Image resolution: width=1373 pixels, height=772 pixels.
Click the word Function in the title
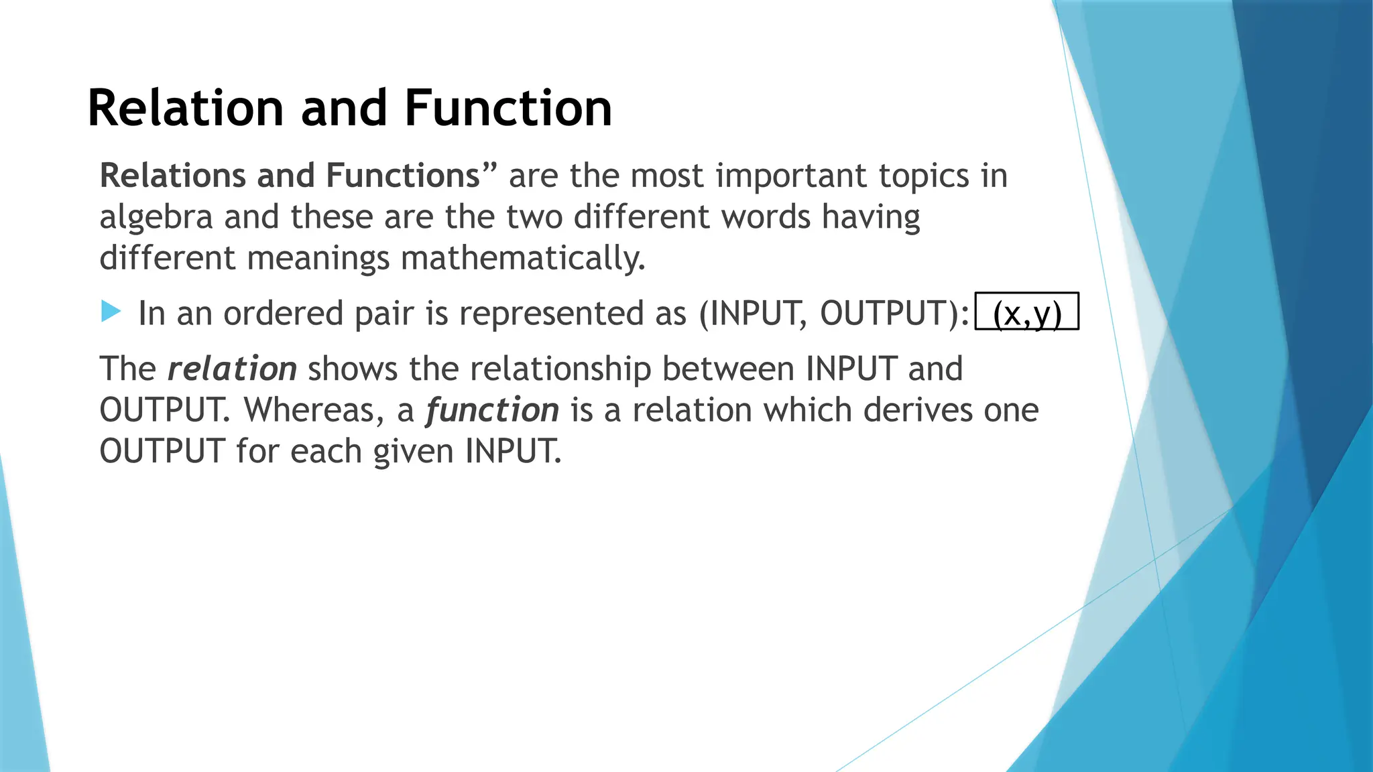tap(508, 109)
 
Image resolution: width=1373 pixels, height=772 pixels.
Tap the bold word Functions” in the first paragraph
tap(411, 176)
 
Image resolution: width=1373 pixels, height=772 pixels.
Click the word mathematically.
tap(523, 259)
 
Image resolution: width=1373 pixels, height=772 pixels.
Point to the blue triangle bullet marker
tap(111, 312)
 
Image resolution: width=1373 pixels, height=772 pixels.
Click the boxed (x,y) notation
tap(1026, 313)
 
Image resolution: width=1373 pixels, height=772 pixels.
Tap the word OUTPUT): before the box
tap(894, 314)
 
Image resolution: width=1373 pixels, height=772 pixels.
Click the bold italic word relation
tap(232, 369)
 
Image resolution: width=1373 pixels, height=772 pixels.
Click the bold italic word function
tap(492, 410)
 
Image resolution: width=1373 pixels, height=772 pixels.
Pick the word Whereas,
tap(314, 410)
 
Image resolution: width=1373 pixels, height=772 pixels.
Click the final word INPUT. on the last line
tap(513, 452)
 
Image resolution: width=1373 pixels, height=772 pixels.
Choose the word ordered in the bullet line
tap(283, 314)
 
